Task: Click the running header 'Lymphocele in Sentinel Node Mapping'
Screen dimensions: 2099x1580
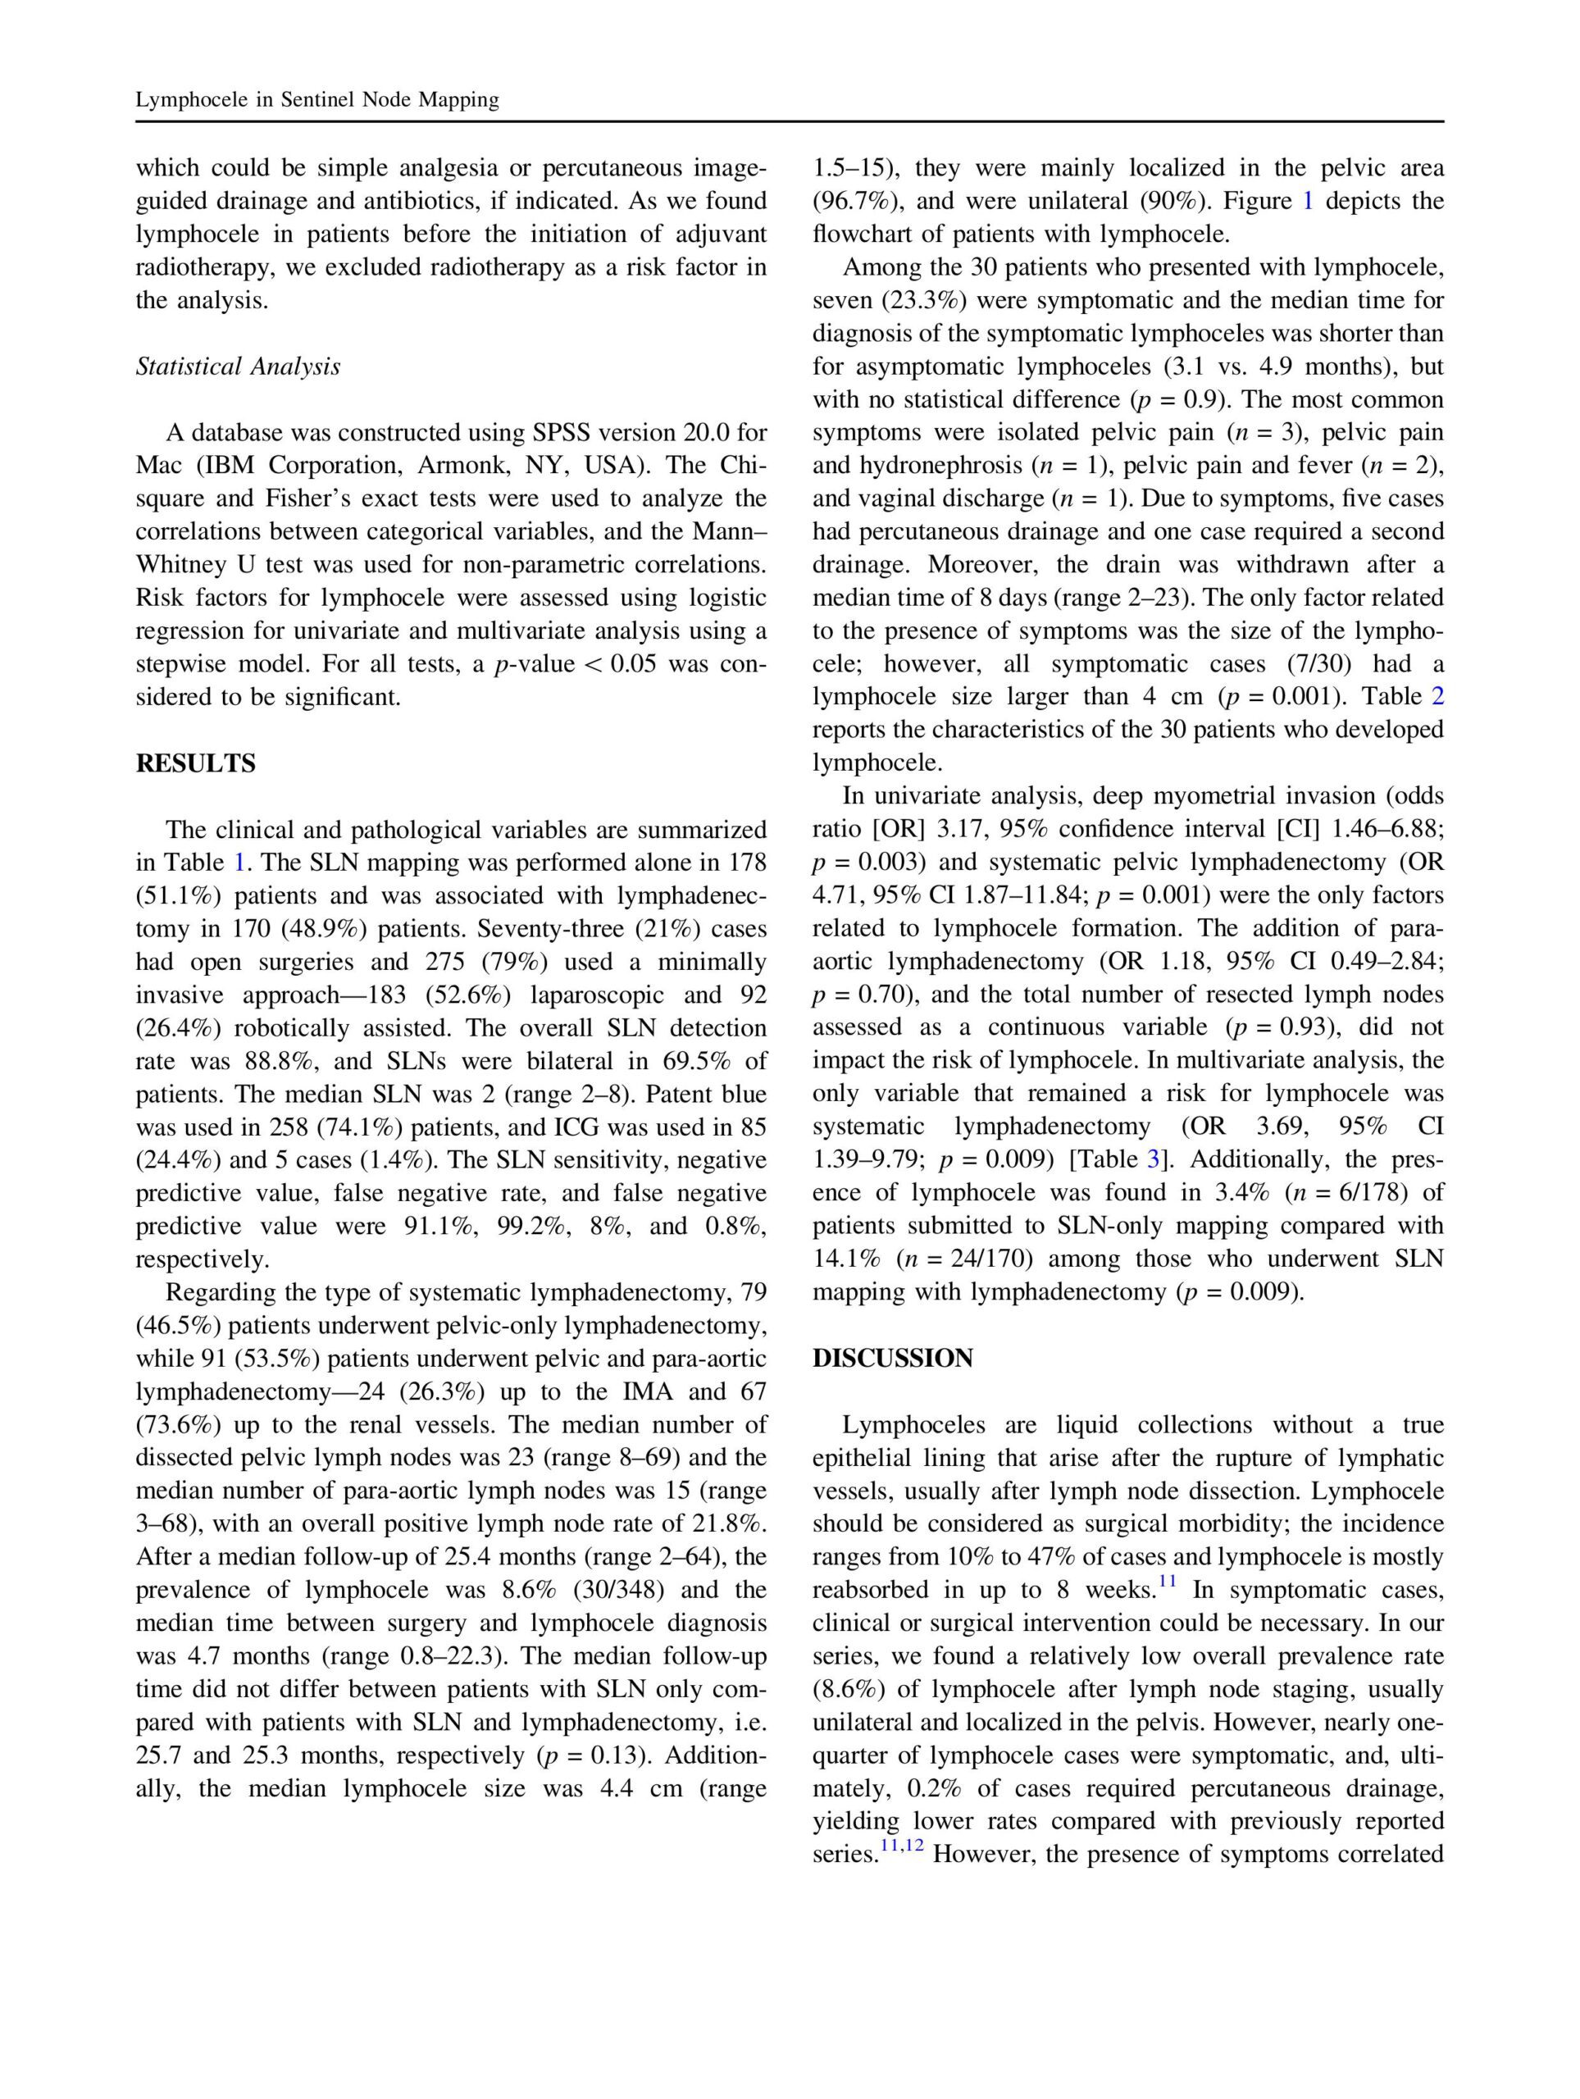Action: pyautogui.click(x=317, y=100)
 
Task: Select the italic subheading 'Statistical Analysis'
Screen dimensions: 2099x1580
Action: pyautogui.click(x=237, y=367)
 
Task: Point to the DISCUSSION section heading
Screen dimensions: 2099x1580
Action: pyautogui.click(x=892, y=1358)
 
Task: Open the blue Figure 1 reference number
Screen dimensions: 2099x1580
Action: pyautogui.click(x=1307, y=201)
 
